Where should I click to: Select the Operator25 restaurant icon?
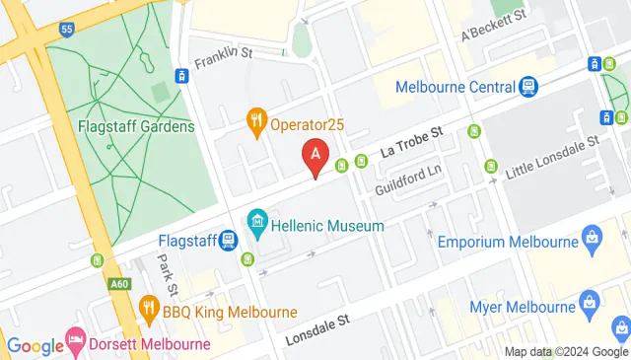[x=256, y=121]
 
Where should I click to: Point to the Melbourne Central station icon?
[x=529, y=86]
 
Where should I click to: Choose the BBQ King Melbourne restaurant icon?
[x=150, y=307]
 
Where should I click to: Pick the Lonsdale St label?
[x=317, y=330]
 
